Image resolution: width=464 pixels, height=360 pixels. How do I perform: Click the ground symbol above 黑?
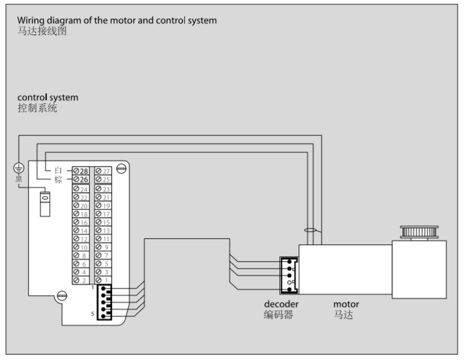(19, 168)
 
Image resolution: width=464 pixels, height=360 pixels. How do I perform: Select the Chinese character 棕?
(59, 180)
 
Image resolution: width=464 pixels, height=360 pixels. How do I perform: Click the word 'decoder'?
(281, 304)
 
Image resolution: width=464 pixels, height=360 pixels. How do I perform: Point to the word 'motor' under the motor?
(346, 304)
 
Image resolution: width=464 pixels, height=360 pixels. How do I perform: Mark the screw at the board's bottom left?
(60, 296)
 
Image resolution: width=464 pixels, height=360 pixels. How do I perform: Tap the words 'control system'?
(48, 98)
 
